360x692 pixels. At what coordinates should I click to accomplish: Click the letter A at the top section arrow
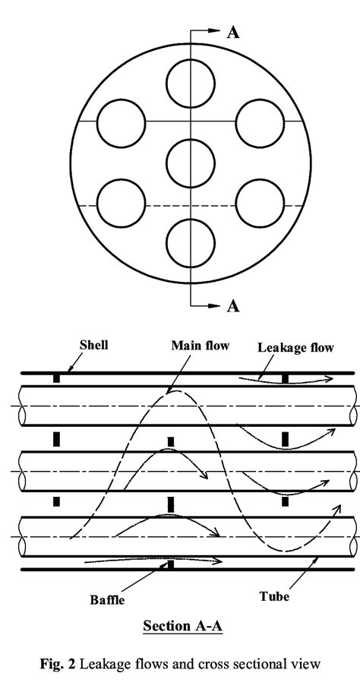tap(233, 32)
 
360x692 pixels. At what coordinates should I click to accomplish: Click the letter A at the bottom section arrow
tap(233, 306)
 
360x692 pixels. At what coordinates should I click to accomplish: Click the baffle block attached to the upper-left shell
tap(55, 378)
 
